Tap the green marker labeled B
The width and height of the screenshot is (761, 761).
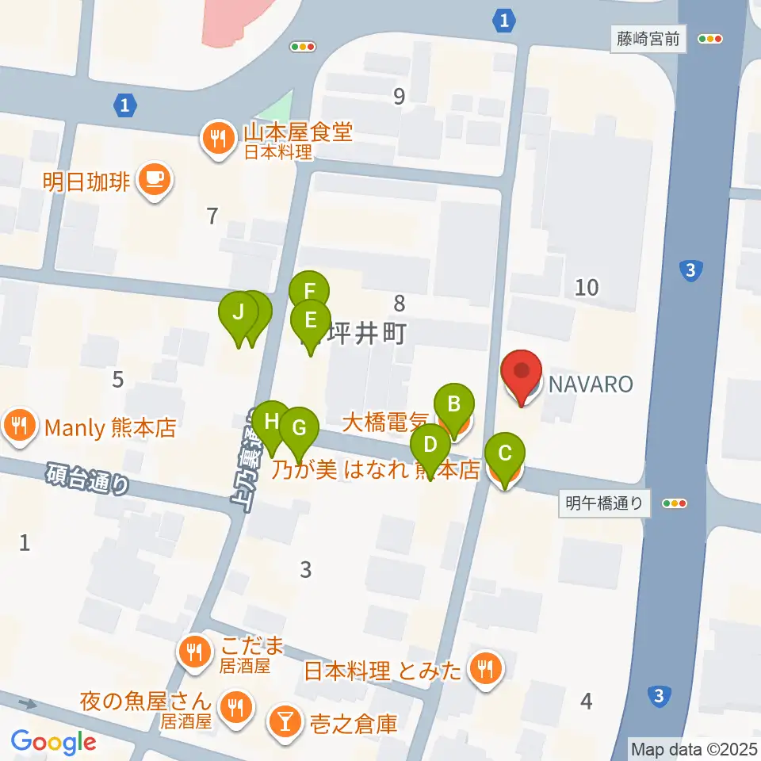tap(454, 405)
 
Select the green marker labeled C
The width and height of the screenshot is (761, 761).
tap(504, 455)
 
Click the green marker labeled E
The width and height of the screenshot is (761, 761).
tap(310, 323)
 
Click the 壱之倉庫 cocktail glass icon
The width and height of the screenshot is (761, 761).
tap(283, 721)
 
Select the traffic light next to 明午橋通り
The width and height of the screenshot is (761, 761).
tap(674, 503)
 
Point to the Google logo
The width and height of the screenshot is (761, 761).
tap(54, 742)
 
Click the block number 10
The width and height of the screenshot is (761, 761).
tap(587, 287)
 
